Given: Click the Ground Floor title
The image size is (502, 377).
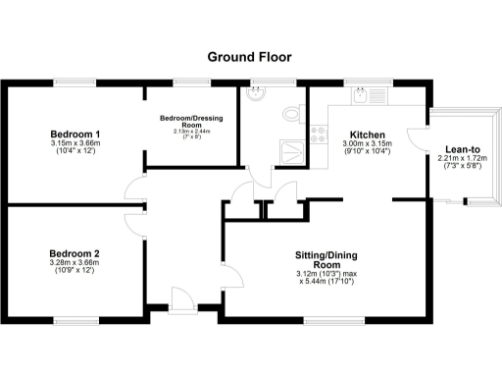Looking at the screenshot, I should [250, 56].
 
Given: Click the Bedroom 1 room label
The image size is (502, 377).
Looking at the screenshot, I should [76, 134].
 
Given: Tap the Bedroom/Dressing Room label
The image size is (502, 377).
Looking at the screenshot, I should [191, 122].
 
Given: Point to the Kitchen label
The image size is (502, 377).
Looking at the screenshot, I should [366, 135].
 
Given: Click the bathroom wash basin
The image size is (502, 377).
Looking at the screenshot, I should [257, 95].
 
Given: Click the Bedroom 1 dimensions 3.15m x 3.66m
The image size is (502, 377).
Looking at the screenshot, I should [76, 147].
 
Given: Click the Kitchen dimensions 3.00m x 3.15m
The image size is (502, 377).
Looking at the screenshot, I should [366, 148].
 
